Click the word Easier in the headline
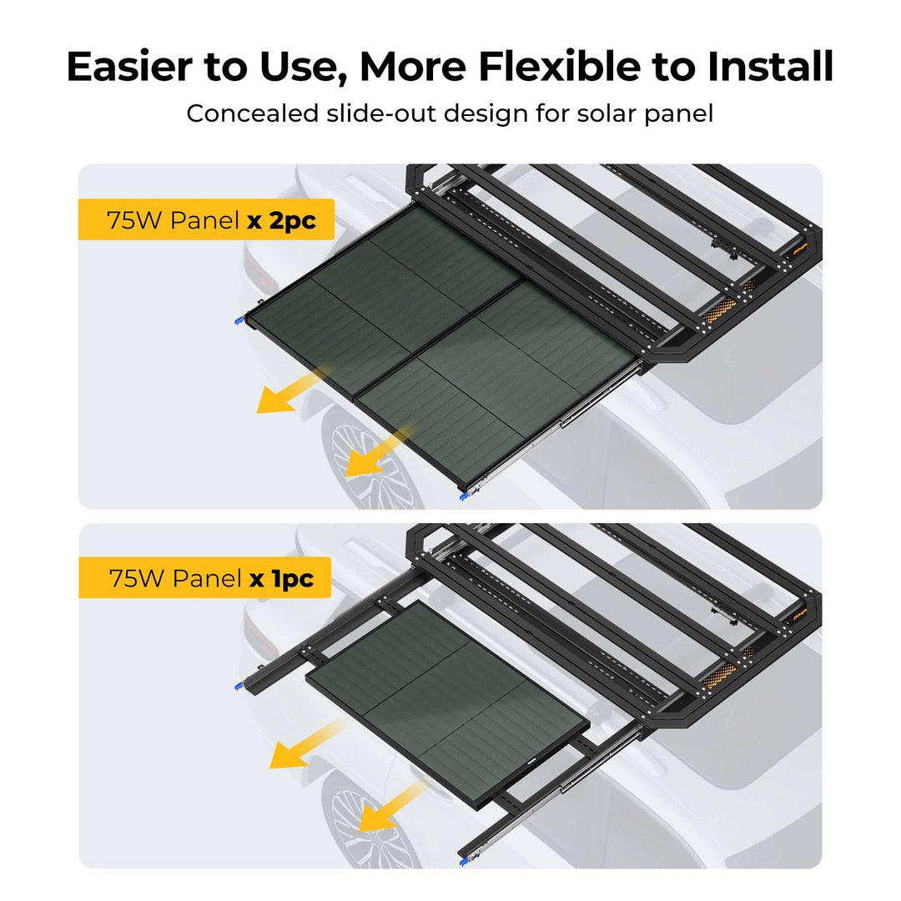(x=129, y=67)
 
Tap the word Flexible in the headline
(x=559, y=67)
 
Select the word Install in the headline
(x=770, y=67)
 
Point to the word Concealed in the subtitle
(x=252, y=113)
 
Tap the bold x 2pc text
(x=282, y=220)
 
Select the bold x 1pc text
(x=282, y=579)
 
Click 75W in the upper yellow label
(x=134, y=220)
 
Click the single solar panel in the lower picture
(x=447, y=704)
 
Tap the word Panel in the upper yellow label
(x=204, y=220)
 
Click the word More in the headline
(x=413, y=67)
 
